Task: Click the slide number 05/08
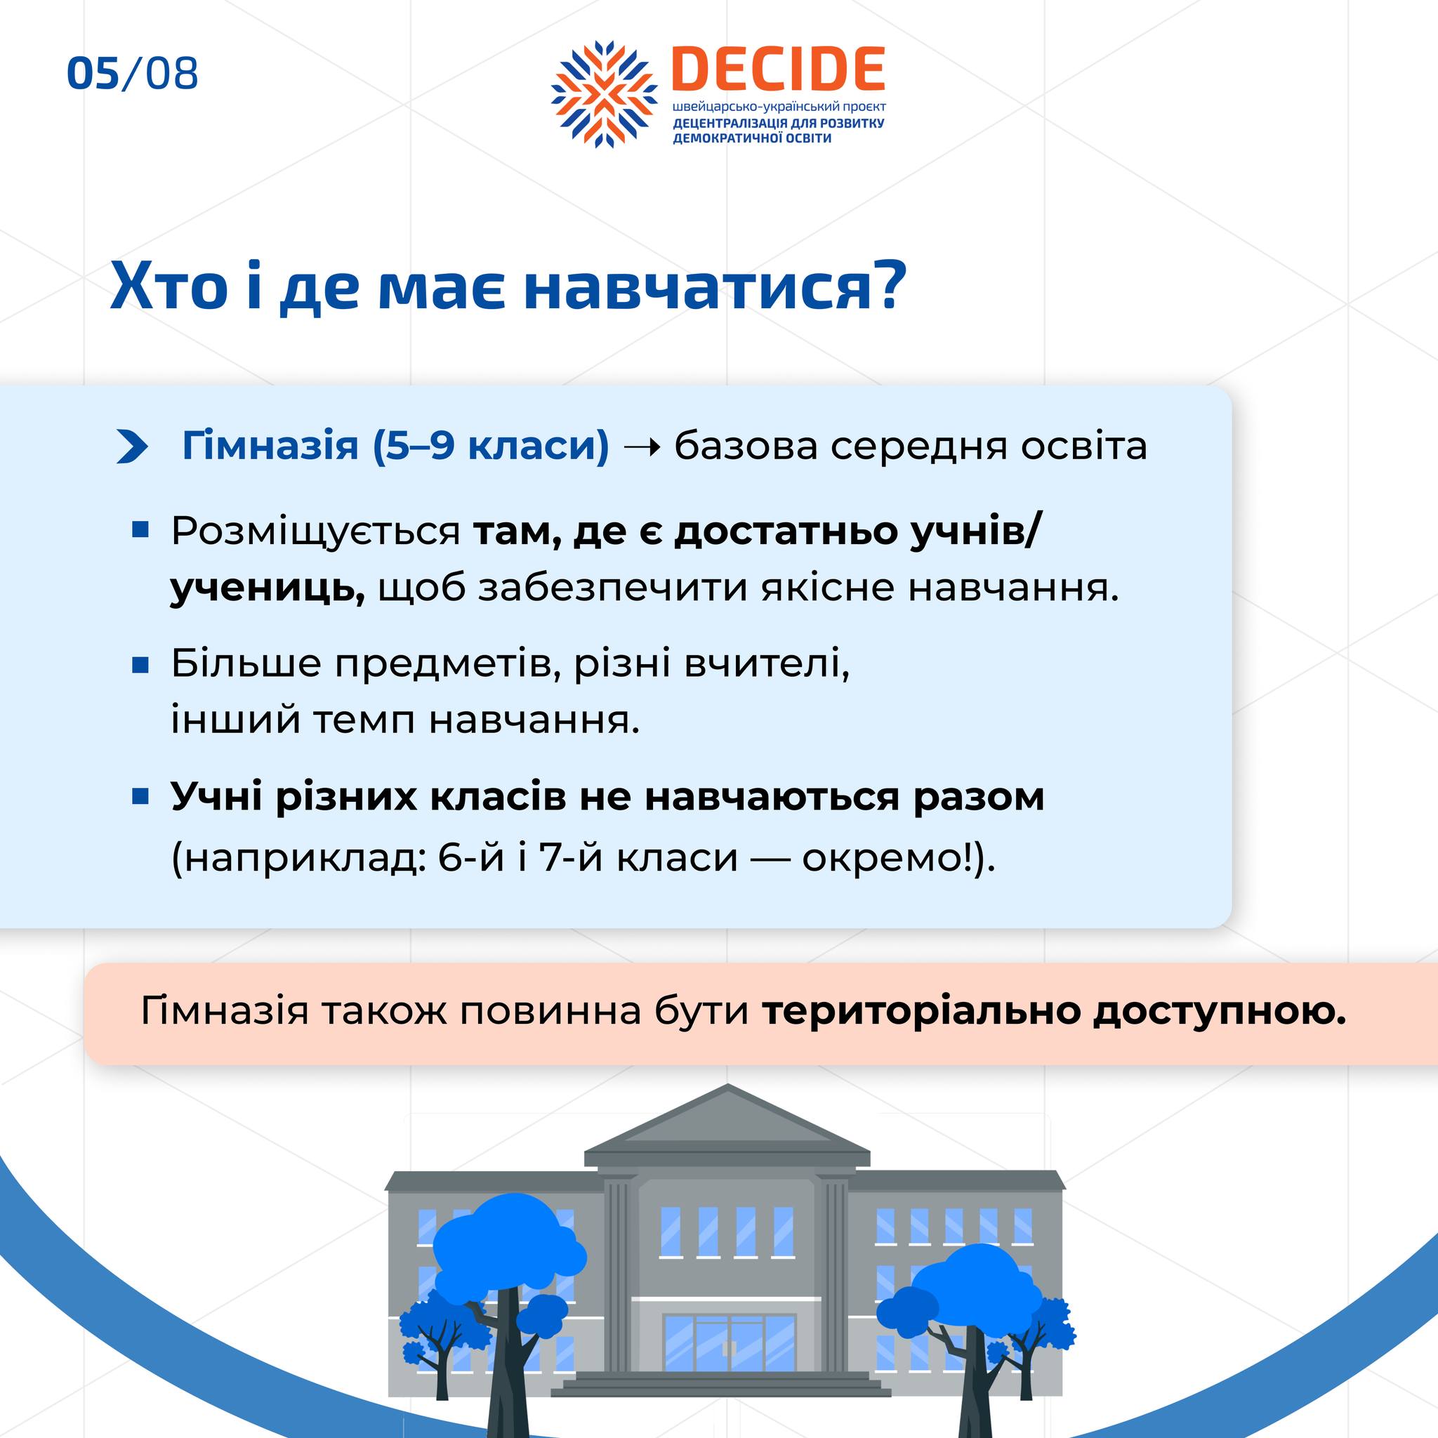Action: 133,74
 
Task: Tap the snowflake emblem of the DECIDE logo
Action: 605,94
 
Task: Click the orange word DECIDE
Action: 778,70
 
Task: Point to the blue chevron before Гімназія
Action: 133,447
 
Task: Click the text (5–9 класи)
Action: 492,447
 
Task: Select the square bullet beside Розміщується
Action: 140,530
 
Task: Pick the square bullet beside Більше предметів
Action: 140,664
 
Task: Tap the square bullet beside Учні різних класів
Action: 140,797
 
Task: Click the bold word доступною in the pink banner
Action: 1220,1012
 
